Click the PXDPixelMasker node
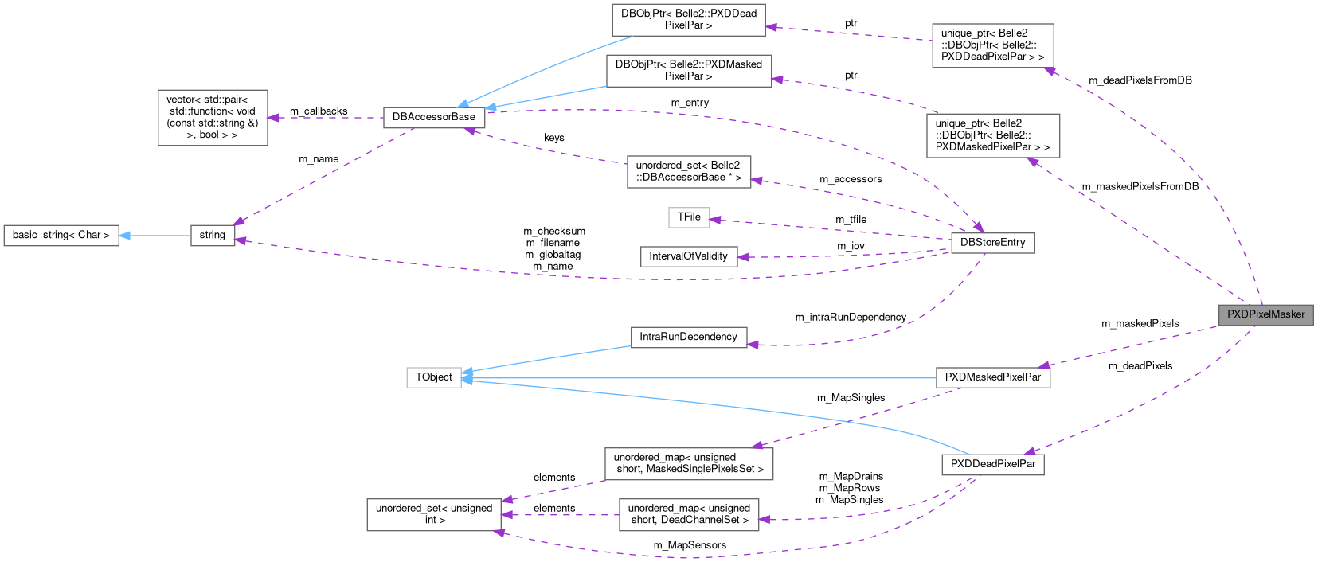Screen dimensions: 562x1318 click(x=1265, y=314)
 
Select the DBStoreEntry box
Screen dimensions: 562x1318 click(x=992, y=242)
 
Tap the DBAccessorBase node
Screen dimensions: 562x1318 click(x=434, y=117)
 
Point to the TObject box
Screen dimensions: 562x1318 click(x=434, y=377)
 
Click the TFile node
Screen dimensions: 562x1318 click(x=689, y=217)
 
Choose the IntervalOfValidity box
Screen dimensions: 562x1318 click(x=688, y=256)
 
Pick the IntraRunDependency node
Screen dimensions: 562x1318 click(x=688, y=337)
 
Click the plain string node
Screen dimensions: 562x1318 click(x=213, y=235)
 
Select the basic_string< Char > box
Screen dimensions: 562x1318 click(x=61, y=235)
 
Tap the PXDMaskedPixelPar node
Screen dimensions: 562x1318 click(x=992, y=377)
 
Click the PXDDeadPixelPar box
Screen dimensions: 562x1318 click(x=992, y=464)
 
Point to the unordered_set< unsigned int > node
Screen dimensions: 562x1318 click(x=434, y=514)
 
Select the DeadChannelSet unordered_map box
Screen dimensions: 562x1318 click(x=689, y=514)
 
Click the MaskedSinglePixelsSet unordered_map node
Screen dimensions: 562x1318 click(x=689, y=463)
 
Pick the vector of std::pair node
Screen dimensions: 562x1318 click(x=213, y=117)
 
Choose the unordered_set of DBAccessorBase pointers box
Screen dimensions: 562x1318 click(x=688, y=171)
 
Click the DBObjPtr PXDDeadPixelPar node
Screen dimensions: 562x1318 click(x=688, y=19)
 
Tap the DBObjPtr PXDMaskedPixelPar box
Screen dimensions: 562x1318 click(x=688, y=70)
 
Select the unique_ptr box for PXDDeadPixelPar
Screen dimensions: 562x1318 click(x=992, y=45)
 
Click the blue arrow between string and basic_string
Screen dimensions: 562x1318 click(x=155, y=235)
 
